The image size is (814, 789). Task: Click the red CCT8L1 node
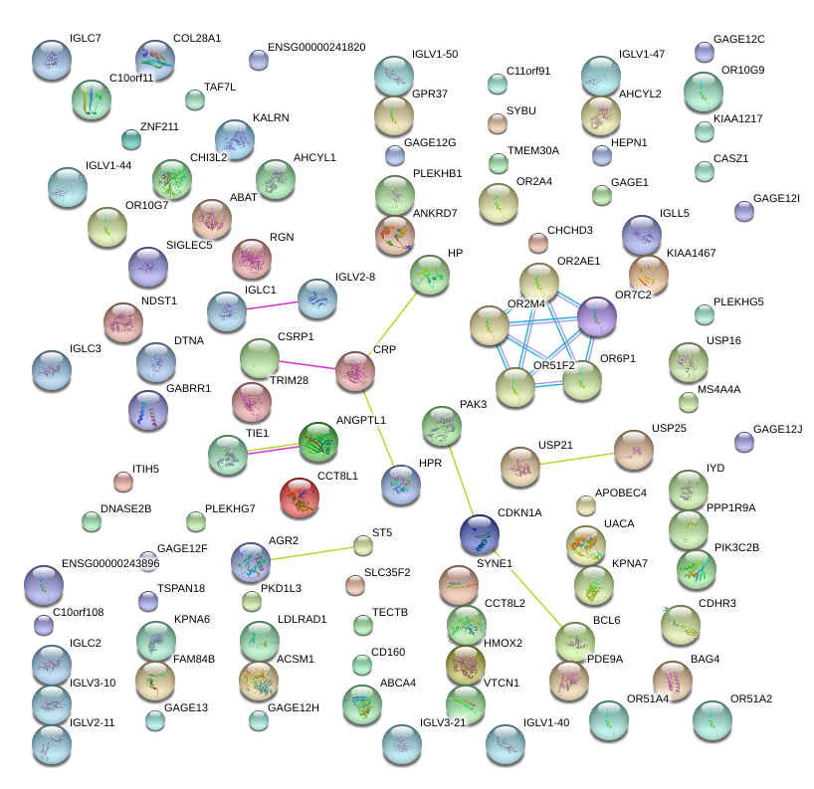(300, 497)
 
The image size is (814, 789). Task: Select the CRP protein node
(355, 370)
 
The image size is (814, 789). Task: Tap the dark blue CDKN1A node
(479, 533)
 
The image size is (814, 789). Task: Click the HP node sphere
(429, 275)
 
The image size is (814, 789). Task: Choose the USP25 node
(633, 450)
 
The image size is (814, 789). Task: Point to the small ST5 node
(363, 545)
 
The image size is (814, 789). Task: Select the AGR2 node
(250, 562)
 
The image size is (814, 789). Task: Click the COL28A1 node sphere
(154, 60)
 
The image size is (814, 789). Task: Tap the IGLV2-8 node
(317, 297)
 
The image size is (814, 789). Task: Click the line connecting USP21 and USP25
(576, 459)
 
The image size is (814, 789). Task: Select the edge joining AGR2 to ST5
(308, 553)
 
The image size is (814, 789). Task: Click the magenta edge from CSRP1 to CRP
(307, 364)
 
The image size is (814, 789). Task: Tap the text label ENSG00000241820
(308, 47)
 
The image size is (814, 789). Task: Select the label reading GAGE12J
(777, 429)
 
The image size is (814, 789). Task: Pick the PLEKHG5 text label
(738, 301)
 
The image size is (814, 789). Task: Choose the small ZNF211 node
(130, 138)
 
